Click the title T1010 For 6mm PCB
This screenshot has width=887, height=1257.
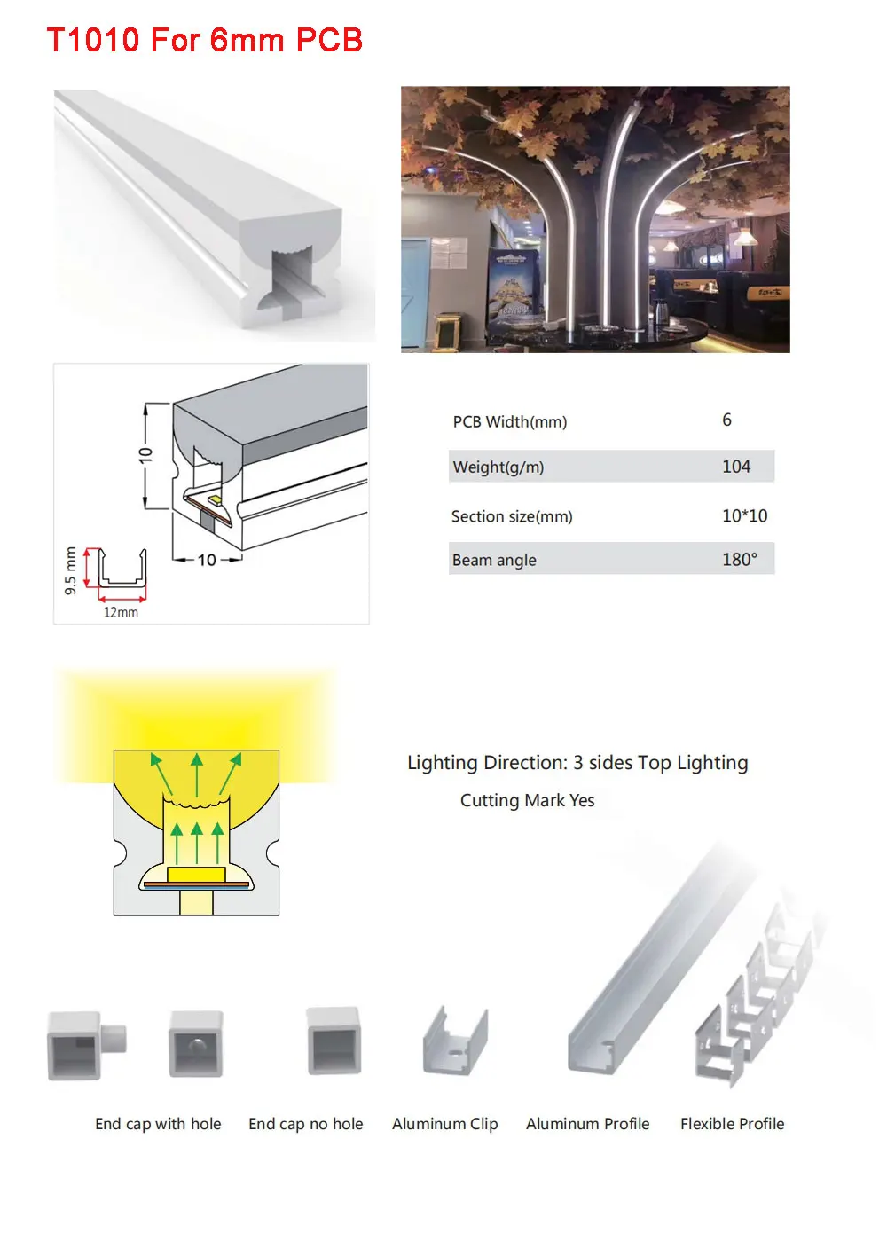click(x=204, y=40)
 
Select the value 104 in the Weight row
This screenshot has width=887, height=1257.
click(x=735, y=467)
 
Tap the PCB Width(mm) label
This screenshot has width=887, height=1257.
click(x=509, y=421)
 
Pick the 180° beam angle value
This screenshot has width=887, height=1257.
click(x=739, y=560)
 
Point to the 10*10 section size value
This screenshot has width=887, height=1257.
click(x=744, y=515)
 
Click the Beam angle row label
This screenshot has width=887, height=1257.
click(x=494, y=560)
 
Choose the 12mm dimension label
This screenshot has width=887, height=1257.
click(x=121, y=612)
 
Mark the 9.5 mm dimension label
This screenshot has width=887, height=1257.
click(x=71, y=570)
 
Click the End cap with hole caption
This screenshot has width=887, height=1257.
click(x=158, y=1124)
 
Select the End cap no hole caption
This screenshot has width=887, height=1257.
click(x=306, y=1124)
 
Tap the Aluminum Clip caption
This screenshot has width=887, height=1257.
click(x=445, y=1124)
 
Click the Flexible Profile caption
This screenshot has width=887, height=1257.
click(x=732, y=1124)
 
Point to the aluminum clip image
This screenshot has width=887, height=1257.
click(x=456, y=1042)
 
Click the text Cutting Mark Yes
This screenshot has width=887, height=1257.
click(x=527, y=800)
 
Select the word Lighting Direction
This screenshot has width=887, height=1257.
click(x=486, y=763)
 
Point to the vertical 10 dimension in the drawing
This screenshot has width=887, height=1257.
click(x=146, y=455)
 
